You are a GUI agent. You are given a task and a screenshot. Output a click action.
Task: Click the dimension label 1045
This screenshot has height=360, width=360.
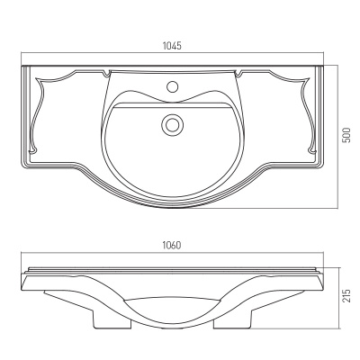pos(172,46)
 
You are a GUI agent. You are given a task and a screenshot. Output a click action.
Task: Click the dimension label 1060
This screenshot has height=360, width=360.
pos(172,246)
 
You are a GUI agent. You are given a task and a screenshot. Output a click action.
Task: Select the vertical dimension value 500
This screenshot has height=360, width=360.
pos(346,135)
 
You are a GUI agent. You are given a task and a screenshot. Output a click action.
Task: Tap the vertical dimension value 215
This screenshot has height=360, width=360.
pos(346,295)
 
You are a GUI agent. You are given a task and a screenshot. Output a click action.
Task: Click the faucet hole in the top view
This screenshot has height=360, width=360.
pos(172,86)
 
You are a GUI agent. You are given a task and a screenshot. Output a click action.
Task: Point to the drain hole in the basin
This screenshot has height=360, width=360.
pos(172,124)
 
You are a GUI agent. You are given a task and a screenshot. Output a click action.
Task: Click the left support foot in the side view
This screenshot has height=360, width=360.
pos(112,319)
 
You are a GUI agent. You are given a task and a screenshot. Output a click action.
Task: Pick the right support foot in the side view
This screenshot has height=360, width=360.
pos(231,319)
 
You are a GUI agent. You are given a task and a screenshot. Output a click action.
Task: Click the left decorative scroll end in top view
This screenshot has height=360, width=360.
pos(32,148)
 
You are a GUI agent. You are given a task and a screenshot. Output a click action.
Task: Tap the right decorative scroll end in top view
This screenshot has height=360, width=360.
pos(312,148)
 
